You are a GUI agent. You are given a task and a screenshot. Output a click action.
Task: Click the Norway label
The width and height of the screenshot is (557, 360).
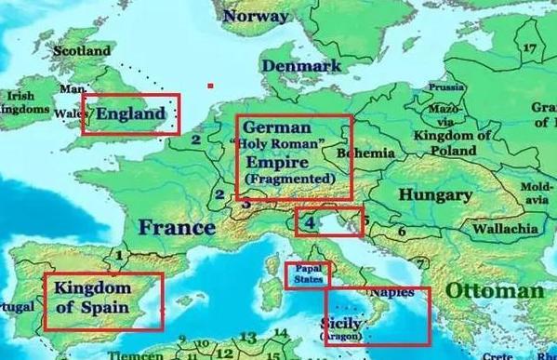click(x=256, y=16)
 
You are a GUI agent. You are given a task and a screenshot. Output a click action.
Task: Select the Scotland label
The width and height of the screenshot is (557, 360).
click(x=82, y=50)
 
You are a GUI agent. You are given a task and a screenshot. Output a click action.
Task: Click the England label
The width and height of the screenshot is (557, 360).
click(x=132, y=115)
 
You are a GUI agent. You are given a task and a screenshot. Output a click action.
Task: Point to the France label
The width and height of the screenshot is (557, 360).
click(x=177, y=227)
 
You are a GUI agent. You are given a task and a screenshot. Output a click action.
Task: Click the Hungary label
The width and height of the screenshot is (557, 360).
click(x=434, y=195)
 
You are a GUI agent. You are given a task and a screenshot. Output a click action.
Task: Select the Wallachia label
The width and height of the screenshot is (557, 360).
click(x=505, y=228)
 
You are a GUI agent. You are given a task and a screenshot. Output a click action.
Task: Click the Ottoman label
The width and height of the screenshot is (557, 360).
click(x=494, y=290)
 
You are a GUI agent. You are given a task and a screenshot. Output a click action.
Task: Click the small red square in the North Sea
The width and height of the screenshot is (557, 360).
click(x=210, y=87)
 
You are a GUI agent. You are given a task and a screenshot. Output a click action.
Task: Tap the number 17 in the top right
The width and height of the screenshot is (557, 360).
click(x=531, y=48)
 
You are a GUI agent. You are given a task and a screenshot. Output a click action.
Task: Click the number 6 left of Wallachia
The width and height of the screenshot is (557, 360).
click(x=402, y=230)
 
